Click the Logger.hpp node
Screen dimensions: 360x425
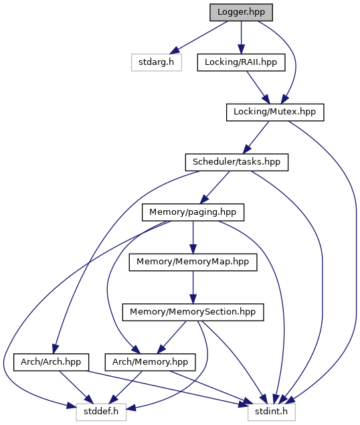[241, 13]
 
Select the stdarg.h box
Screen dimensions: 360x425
[157, 62]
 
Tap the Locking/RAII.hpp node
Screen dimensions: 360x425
[241, 62]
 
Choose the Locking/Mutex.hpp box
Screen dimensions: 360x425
[275, 112]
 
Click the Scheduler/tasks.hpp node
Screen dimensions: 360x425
[237, 163]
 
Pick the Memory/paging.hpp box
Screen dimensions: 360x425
[193, 212]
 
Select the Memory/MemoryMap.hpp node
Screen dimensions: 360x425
[193, 262]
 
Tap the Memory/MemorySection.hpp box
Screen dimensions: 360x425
[193, 313]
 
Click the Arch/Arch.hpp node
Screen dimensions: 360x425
[51, 362]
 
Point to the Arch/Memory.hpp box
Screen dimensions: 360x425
[150, 362]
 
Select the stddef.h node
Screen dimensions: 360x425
[101, 412]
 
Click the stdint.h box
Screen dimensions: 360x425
[272, 412]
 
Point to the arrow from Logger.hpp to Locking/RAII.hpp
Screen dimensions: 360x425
[241, 37]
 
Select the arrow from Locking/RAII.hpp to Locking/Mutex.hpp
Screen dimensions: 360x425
[258, 87]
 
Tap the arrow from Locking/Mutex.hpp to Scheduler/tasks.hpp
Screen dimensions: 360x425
[256, 137]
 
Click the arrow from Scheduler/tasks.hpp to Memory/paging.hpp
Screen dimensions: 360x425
[215, 187]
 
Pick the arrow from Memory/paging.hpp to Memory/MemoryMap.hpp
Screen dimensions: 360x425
[193, 238]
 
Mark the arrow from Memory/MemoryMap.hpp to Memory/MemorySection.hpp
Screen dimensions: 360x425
[193, 287]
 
